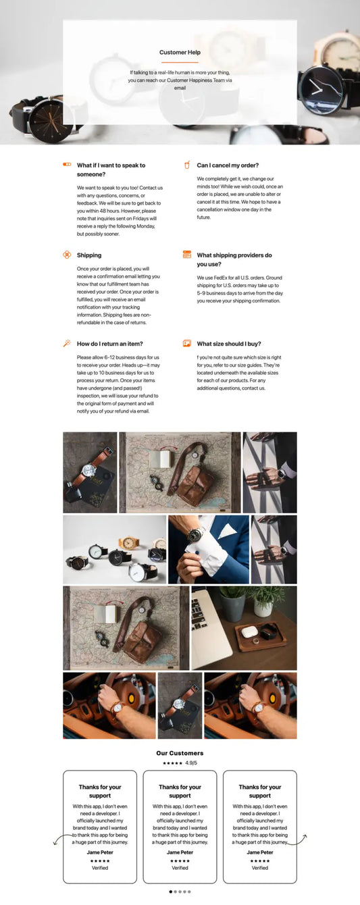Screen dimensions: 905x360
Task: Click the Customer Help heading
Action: [x=180, y=52]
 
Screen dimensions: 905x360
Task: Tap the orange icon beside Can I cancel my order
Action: [x=187, y=165]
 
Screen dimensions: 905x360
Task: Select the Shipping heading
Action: [x=89, y=255]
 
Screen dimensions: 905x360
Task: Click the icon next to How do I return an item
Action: [x=67, y=343]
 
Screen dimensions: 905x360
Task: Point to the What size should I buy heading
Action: [x=228, y=344]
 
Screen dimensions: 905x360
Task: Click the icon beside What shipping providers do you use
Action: [x=187, y=255]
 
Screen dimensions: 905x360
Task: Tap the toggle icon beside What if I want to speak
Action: [x=67, y=164]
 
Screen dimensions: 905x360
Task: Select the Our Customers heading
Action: [x=180, y=753]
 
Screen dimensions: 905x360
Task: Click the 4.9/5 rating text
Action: [x=191, y=763]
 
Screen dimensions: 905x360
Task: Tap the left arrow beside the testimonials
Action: [x=56, y=840]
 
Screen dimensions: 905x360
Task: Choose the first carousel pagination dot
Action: [x=171, y=891]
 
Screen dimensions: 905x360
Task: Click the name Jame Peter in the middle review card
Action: [x=180, y=852]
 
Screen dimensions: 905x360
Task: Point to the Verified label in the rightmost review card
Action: [x=260, y=868]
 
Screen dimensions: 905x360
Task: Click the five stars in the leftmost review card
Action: [x=100, y=860]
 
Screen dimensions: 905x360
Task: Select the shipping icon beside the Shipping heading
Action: [x=67, y=255]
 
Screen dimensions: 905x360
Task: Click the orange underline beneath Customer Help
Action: [x=180, y=62]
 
